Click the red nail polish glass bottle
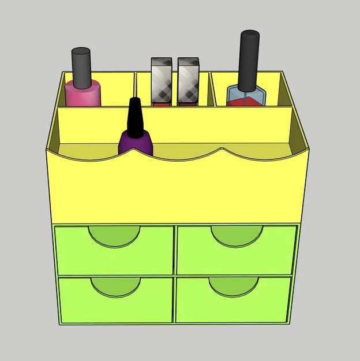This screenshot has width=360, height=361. point(247,96)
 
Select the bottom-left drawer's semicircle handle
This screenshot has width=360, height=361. point(115,286)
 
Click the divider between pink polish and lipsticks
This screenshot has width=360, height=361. point(135,90)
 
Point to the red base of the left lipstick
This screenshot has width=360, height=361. point(162,101)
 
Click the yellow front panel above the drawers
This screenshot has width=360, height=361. point(173,191)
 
